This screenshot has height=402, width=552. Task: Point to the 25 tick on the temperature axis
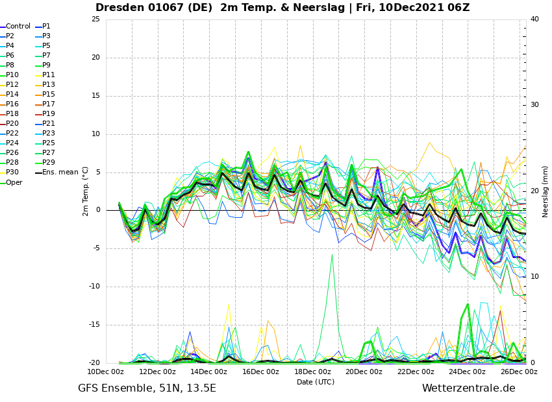click(95, 19)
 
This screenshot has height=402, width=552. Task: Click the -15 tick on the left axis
click(94, 325)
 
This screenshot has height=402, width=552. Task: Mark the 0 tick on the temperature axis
click(98, 210)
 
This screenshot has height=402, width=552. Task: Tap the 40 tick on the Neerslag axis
click(534, 19)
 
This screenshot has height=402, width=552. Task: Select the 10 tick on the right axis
click(534, 277)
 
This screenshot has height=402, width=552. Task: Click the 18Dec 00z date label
click(312, 372)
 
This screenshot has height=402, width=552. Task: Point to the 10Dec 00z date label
click(106, 372)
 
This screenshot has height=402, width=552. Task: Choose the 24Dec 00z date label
click(468, 372)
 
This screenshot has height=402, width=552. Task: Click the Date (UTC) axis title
click(316, 382)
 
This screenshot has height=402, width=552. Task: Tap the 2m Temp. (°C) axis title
click(86, 191)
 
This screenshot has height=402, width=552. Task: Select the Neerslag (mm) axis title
click(545, 191)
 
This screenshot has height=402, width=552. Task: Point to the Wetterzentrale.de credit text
click(469, 388)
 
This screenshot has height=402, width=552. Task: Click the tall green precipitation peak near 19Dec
click(332, 254)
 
